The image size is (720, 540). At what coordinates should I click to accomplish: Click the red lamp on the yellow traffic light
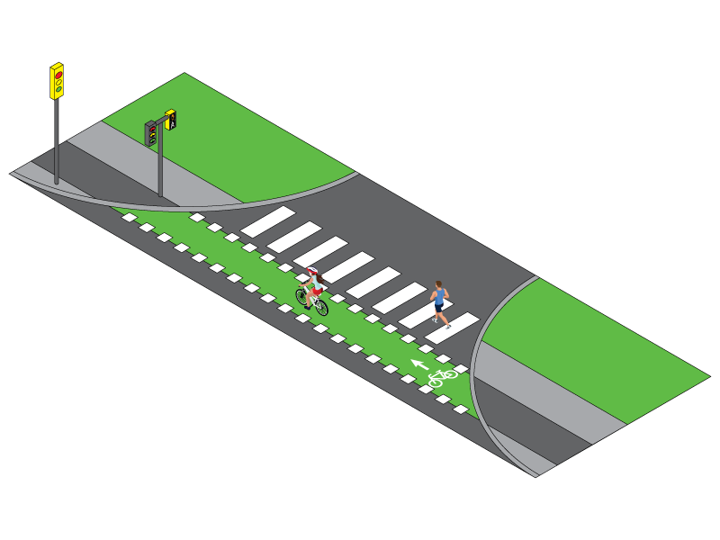coord(58,74)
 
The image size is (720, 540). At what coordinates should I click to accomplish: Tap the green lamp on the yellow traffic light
coord(58,90)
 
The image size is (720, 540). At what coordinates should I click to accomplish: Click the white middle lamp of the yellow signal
coord(58,82)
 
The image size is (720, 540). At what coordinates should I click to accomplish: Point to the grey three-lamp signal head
coord(151,133)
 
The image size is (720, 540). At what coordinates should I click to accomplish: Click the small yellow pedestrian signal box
coord(170,119)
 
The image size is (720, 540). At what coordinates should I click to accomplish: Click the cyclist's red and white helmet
coord(312,272)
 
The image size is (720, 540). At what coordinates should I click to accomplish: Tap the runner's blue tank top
coord(439,296)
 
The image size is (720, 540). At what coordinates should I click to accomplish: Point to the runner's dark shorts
coord(439,306)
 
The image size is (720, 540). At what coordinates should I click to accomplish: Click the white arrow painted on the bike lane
coord(419,364)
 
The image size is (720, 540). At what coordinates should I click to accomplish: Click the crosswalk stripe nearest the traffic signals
coord(267,222)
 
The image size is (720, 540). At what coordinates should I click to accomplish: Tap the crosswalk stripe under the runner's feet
coord(452,328)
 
